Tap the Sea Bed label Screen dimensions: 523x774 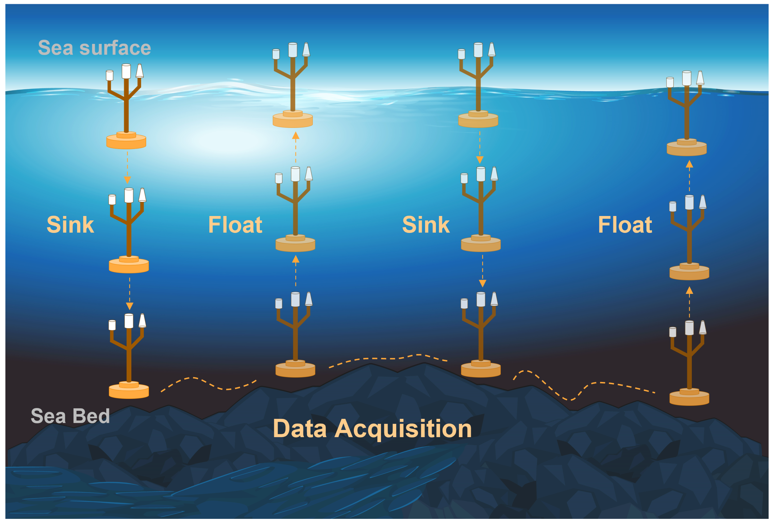click(70, 416)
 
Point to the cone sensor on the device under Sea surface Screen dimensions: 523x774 click(140, 71)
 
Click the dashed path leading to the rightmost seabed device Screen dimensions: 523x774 click(583, 386)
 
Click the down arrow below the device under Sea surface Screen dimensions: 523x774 click(127, 180)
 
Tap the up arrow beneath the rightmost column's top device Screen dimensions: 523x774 click(689, 164)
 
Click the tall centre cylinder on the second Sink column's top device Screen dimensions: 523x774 click(478, 50)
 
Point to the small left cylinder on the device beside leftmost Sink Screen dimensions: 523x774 click(112, 200)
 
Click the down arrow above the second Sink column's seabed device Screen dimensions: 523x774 click(482, 283)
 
